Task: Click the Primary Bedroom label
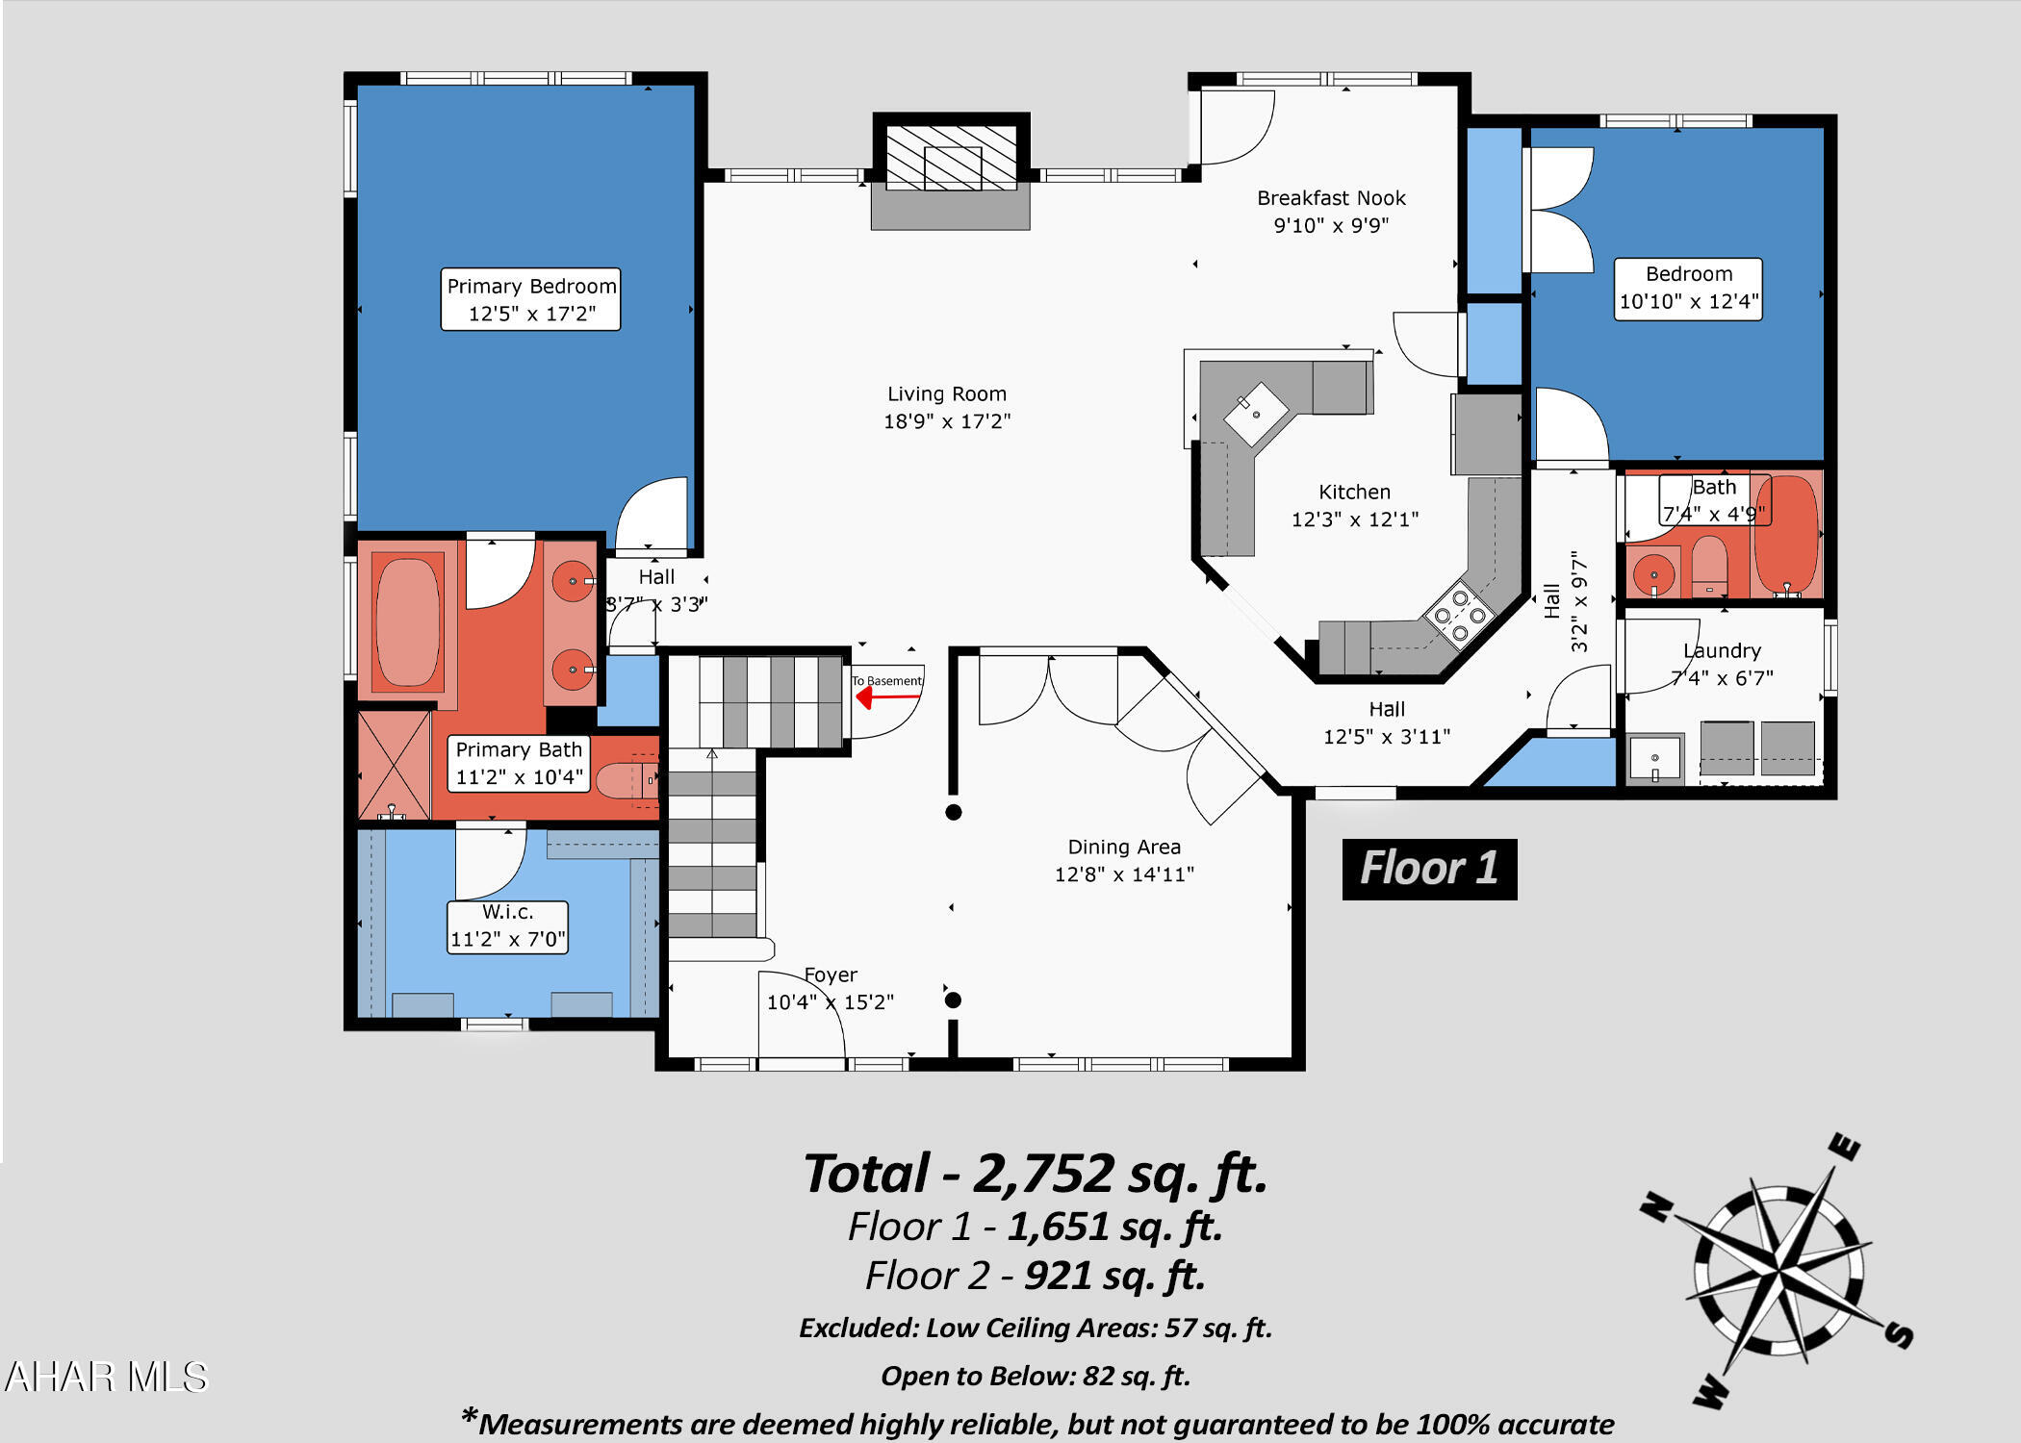coord(530,299)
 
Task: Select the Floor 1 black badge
coord(1429,869)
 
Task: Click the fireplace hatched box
coord(951,157)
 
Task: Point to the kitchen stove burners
coord(1460,616)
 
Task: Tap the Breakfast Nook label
coord(1331,211)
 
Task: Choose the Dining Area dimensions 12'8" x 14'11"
coord(1124,873)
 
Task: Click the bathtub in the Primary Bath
coord(408,622)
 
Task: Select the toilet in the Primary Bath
coord(624,779)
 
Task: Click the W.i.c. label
coord(507,925)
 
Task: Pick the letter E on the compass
coord(1845,1147)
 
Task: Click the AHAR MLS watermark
coord(106,1377)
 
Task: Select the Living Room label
coord(947,407)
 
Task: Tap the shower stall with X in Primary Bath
coord(394,765)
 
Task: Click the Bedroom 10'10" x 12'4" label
coord(1688,288)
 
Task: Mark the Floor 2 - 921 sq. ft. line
coord(1035,1276)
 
